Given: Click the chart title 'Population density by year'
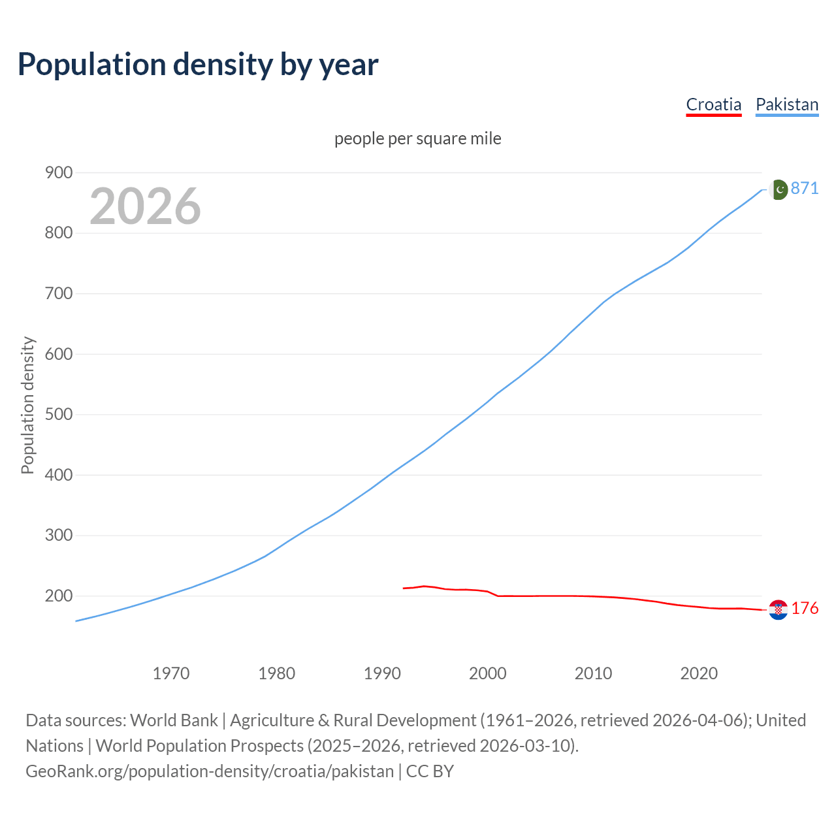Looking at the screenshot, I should [198, 64].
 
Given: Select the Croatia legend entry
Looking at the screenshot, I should [713, 104].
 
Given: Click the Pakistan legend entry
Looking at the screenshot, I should [786, 104].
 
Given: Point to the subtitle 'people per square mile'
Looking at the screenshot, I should [417, 138].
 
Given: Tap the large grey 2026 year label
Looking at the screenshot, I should [145, 206].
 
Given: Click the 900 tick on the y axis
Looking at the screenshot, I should [58, 172].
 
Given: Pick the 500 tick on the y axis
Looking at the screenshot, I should [58, 414].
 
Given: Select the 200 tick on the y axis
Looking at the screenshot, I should [58, 596].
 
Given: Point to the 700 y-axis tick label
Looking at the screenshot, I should [58, 293].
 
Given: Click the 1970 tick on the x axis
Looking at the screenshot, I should [171, 673].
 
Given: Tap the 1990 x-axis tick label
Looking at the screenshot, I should [382, 673].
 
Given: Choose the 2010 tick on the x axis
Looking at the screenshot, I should [593, 673].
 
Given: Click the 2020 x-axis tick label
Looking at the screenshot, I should [699, 673].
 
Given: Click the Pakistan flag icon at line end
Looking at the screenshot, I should [778, 189].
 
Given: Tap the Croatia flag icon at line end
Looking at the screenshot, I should [778, 609].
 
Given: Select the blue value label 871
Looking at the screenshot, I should [805, 188].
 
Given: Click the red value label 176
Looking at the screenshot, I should [805, 608].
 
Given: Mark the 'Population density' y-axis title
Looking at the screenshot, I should [27, 405].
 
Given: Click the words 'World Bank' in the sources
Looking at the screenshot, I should [174, 720].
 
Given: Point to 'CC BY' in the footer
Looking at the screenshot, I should [430, 771].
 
